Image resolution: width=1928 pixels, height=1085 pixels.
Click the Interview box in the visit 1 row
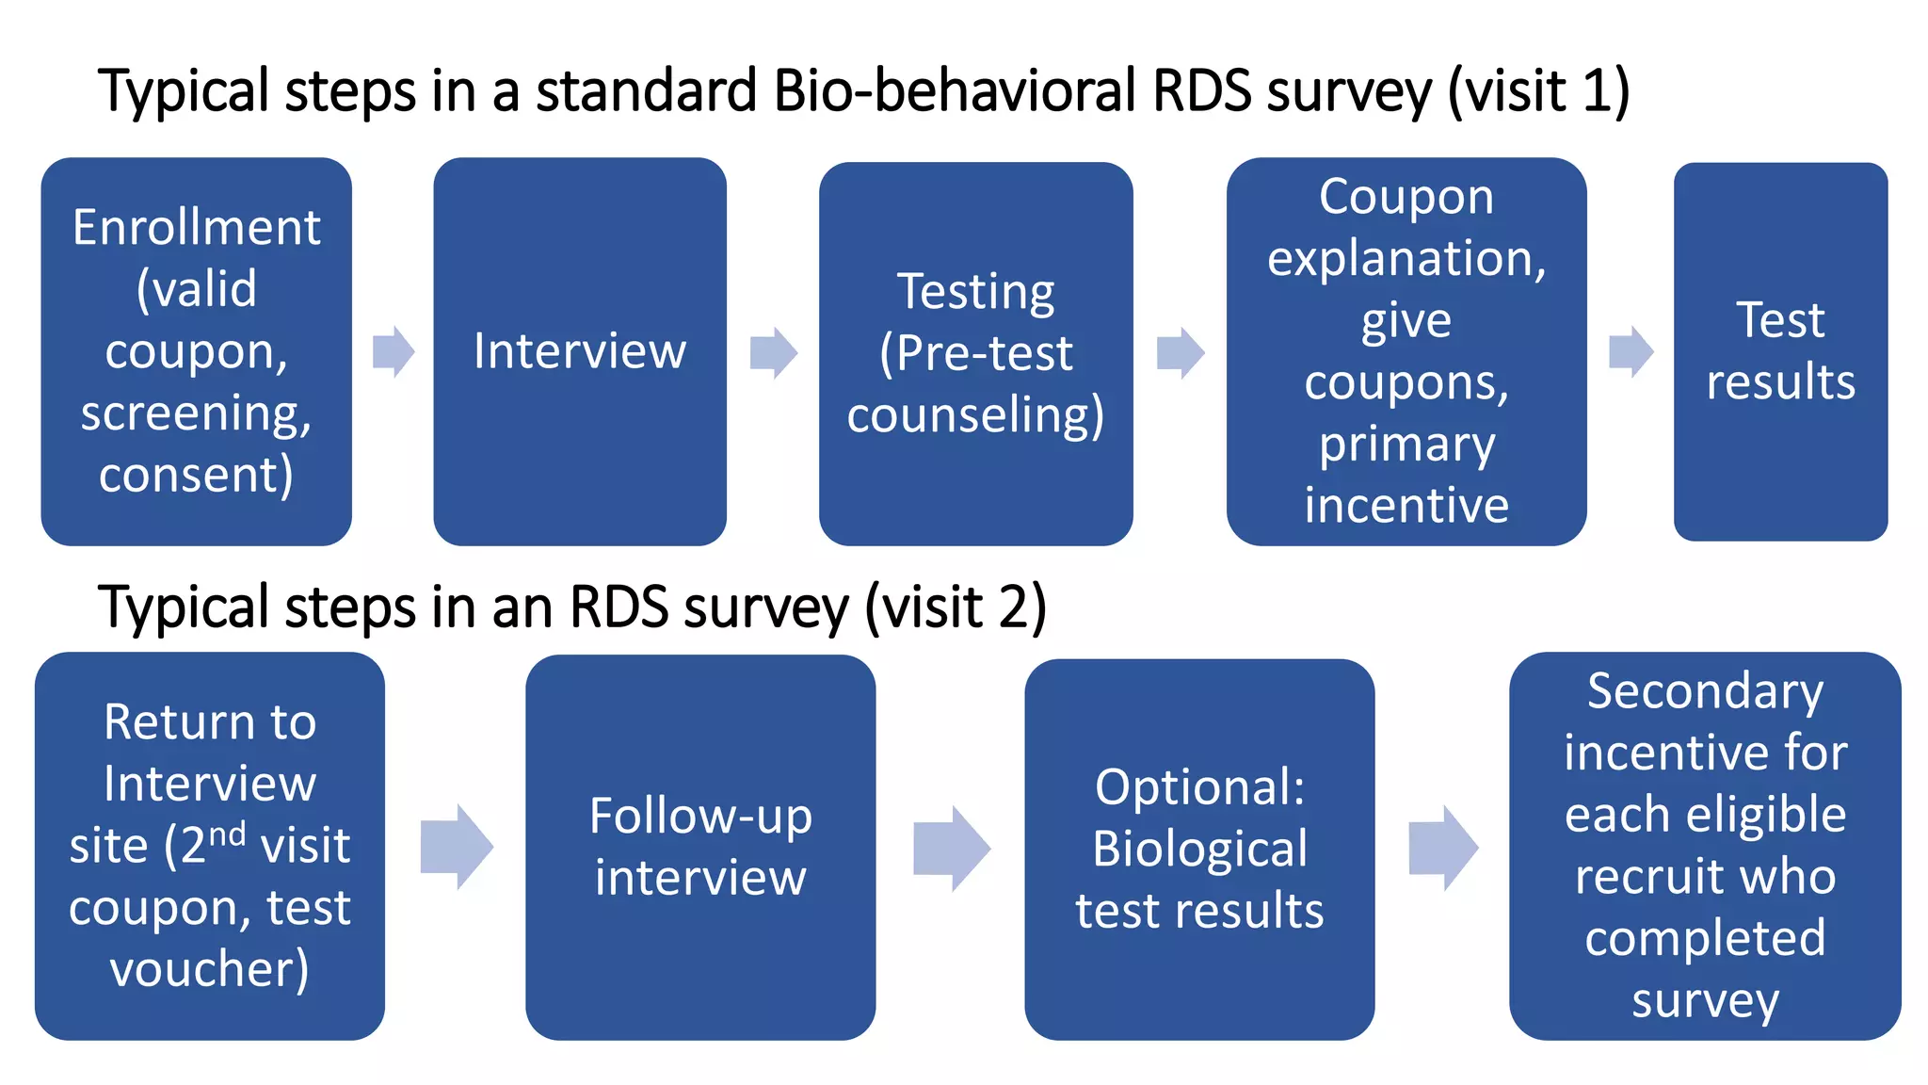pos(579,351)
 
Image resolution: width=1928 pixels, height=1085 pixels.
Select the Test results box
pos(1780,351)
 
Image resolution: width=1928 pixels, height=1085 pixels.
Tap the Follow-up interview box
pos(700,846)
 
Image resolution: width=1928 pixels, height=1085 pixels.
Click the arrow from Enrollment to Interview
pos(394,352)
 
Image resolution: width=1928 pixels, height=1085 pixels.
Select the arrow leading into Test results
pos(1631,352)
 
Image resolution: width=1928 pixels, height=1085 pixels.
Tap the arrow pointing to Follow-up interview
pos(457,846)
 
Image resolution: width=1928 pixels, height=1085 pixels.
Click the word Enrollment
pos(197,228)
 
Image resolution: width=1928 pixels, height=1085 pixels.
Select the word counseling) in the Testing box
pos(975,415)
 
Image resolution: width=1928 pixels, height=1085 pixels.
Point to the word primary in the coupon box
pos(1406,444)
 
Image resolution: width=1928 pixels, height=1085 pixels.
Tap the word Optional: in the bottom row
pos(1200,786)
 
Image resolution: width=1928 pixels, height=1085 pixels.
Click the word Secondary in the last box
pos(1705,691)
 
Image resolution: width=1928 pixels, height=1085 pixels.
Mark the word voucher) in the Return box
pos(210,969)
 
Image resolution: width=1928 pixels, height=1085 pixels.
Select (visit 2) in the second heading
pos(956,607)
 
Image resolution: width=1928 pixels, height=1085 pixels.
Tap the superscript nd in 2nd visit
pos(227,833)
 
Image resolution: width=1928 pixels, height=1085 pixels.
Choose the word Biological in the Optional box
pos(1200,849)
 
